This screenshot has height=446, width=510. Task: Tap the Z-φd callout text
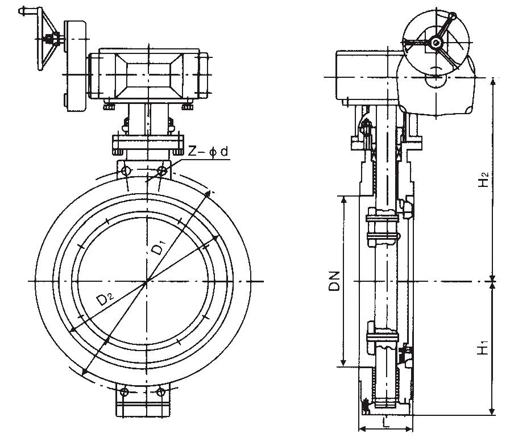[x=209, y=152]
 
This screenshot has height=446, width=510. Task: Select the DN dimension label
[x=334, y=281]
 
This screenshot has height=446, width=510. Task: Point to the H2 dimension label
[x=484, y=179]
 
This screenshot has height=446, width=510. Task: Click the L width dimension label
[x=386, y=423]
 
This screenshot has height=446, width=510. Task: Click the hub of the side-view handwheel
[x=436, y=42]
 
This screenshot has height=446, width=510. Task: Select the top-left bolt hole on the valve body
[x=126, y=170]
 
